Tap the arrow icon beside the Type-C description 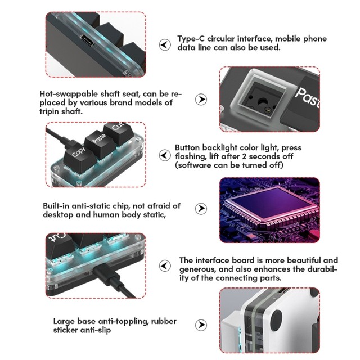click(165, 44)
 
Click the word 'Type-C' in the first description click(191, 39)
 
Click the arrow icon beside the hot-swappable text click(201, 100)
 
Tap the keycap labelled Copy click(79, 156)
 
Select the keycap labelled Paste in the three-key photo click(99, 141)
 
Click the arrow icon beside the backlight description click(165, 155)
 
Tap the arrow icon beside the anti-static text click(201, 209)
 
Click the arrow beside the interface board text click(165, 266)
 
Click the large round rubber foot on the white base click(276, 320)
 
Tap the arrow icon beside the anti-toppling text click(201, 325)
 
